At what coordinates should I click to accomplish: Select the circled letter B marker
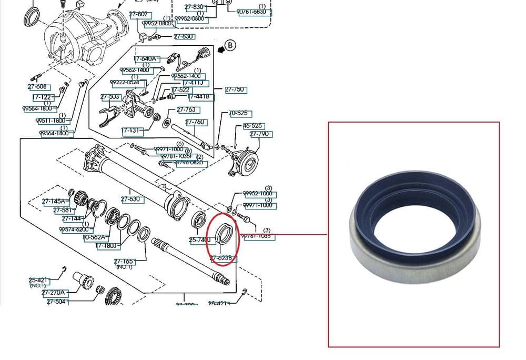[x=231, y=46]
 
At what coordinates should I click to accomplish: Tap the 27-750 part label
[x=235, y=90]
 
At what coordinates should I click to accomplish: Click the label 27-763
[x=186, y=110]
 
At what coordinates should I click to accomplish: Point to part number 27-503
[x=110, y=97]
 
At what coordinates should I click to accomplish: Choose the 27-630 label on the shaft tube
[x=130, y=199]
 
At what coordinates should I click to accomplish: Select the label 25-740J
[x=200, y=240]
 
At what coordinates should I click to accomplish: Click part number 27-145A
[x=54, y=201]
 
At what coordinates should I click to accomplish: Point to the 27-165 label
[x=124, y=261]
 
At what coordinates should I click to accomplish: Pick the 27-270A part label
[x=54, y=293]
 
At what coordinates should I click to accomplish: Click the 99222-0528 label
[x=125, y=83]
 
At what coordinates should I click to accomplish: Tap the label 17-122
[x=42, y=97]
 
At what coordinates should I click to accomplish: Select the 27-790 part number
[x=259, y=134]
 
